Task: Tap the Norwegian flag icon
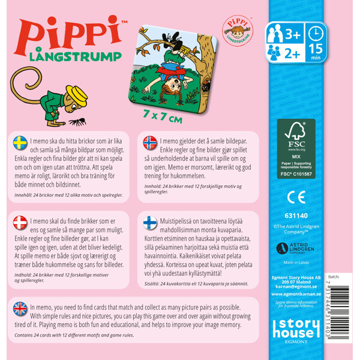150,142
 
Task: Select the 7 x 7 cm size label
163,118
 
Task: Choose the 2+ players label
292,52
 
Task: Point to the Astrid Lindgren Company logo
296,248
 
